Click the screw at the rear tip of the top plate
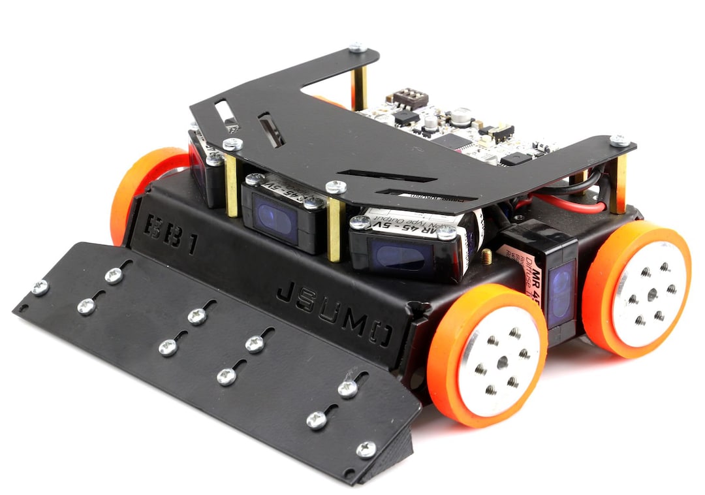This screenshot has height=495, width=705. click(x=356, y=48)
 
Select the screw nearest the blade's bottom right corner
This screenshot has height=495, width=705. click(x=366, y=449)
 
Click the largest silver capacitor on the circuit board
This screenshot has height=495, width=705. click(x=462, y=116)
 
